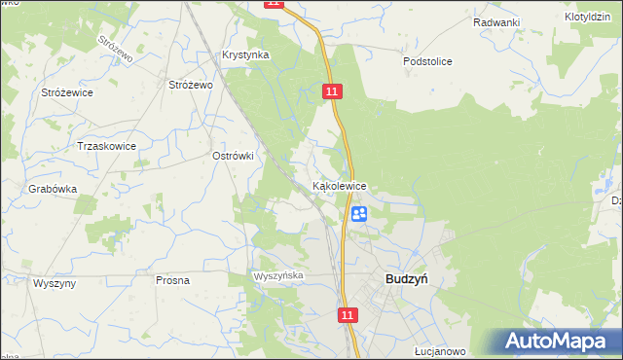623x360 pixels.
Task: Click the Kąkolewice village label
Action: (339, 185)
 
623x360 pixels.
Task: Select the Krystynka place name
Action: (244, 55)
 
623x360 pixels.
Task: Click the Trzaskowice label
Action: (106, 146)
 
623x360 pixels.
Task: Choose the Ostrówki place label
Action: (233, 155)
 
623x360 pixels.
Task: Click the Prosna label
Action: (172, 280)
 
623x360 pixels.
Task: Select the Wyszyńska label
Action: (279, 276)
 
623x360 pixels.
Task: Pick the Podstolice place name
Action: (427, 61)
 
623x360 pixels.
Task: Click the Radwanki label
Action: (496, 21)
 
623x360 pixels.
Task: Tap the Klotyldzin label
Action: (587, 18)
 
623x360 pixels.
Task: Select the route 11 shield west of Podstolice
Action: (333, 90)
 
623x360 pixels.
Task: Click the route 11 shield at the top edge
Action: (274, 4)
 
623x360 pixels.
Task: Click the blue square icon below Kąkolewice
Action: (358, 214)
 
